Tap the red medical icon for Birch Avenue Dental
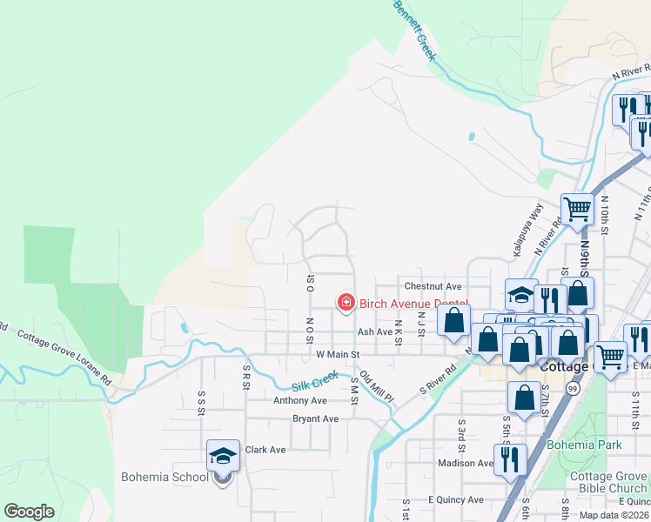(346, 303)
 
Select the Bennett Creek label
(414, 27)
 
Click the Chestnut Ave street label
(433, 285)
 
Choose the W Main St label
(338, 355)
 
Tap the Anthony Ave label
(299, 400)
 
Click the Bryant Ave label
(315, 418)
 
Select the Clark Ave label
(265, 450)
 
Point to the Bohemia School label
(164, 477)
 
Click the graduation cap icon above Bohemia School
(223, 455)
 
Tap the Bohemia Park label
(584, 445)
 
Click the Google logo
(29, 512)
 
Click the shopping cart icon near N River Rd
(576, 209)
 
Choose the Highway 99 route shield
(574, 388)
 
